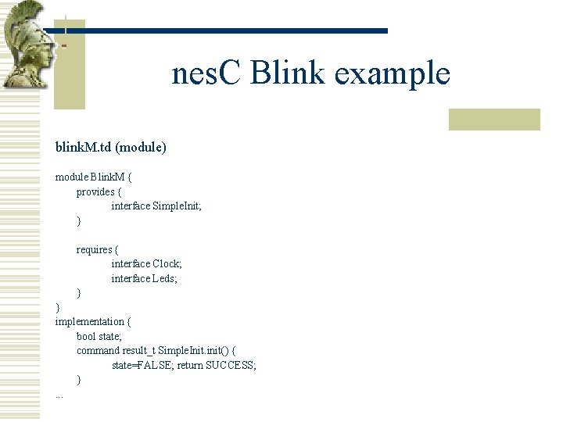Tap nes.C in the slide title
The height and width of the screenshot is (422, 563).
(209, 74)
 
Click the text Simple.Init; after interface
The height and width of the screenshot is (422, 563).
(177, 206)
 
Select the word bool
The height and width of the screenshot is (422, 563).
(86, 336)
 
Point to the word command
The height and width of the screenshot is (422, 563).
(98, 350)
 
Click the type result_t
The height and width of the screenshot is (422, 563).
(139, 350)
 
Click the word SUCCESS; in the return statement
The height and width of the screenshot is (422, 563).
(231, 365)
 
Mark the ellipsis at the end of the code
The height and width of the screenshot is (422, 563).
(59, 395)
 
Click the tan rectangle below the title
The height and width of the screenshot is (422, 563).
(494, 119)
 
